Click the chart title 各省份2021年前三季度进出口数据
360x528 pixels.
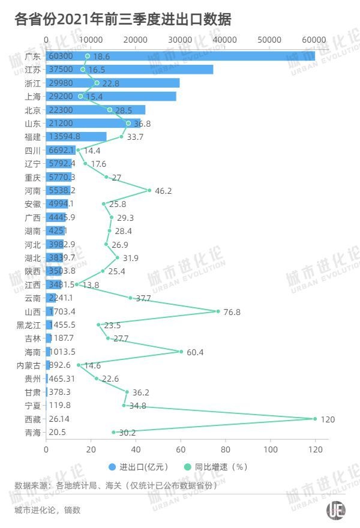[x=123, y=20]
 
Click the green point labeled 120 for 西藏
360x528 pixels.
[x=314, y=418]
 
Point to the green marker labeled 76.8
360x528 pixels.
[x=218, y=311]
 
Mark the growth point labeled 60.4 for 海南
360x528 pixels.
[x=181, y=352]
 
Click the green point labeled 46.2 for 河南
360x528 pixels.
[x=149, y=190]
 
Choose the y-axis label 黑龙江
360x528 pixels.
[x=29, y=325]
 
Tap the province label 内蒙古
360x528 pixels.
[x=29, y=365]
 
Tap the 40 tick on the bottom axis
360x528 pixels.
[x=136, y=448]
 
